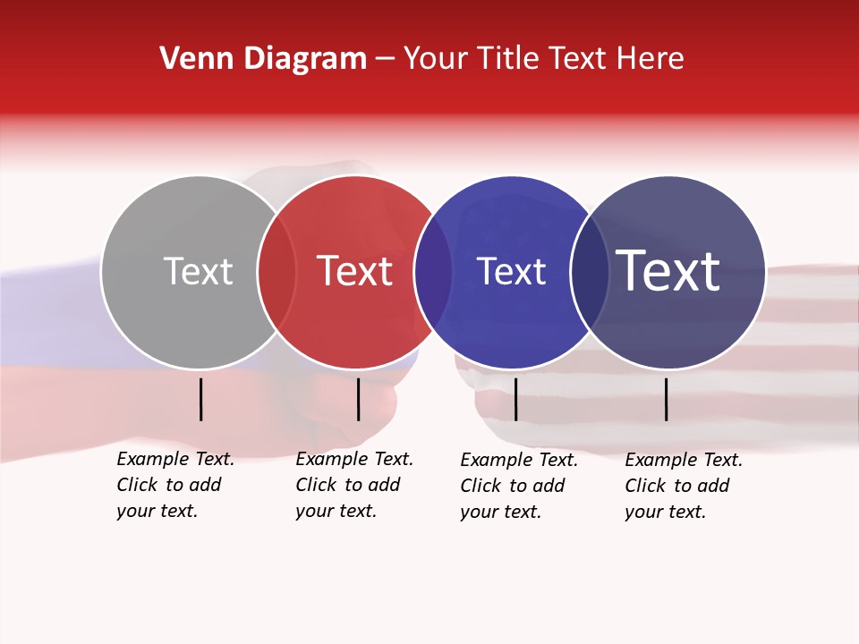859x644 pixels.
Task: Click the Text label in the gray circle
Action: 198,271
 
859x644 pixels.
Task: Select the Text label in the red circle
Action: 355,271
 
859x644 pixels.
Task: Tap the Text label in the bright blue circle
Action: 511,271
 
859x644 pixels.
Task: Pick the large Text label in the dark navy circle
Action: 668,271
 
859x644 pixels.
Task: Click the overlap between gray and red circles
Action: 276,272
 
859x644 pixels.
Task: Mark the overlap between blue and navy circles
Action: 590,272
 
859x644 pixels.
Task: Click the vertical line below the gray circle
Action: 200,399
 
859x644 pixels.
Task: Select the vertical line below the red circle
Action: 358,399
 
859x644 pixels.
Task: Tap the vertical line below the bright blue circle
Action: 515,399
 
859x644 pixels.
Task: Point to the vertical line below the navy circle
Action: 666,399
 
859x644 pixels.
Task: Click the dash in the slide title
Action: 385,59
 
